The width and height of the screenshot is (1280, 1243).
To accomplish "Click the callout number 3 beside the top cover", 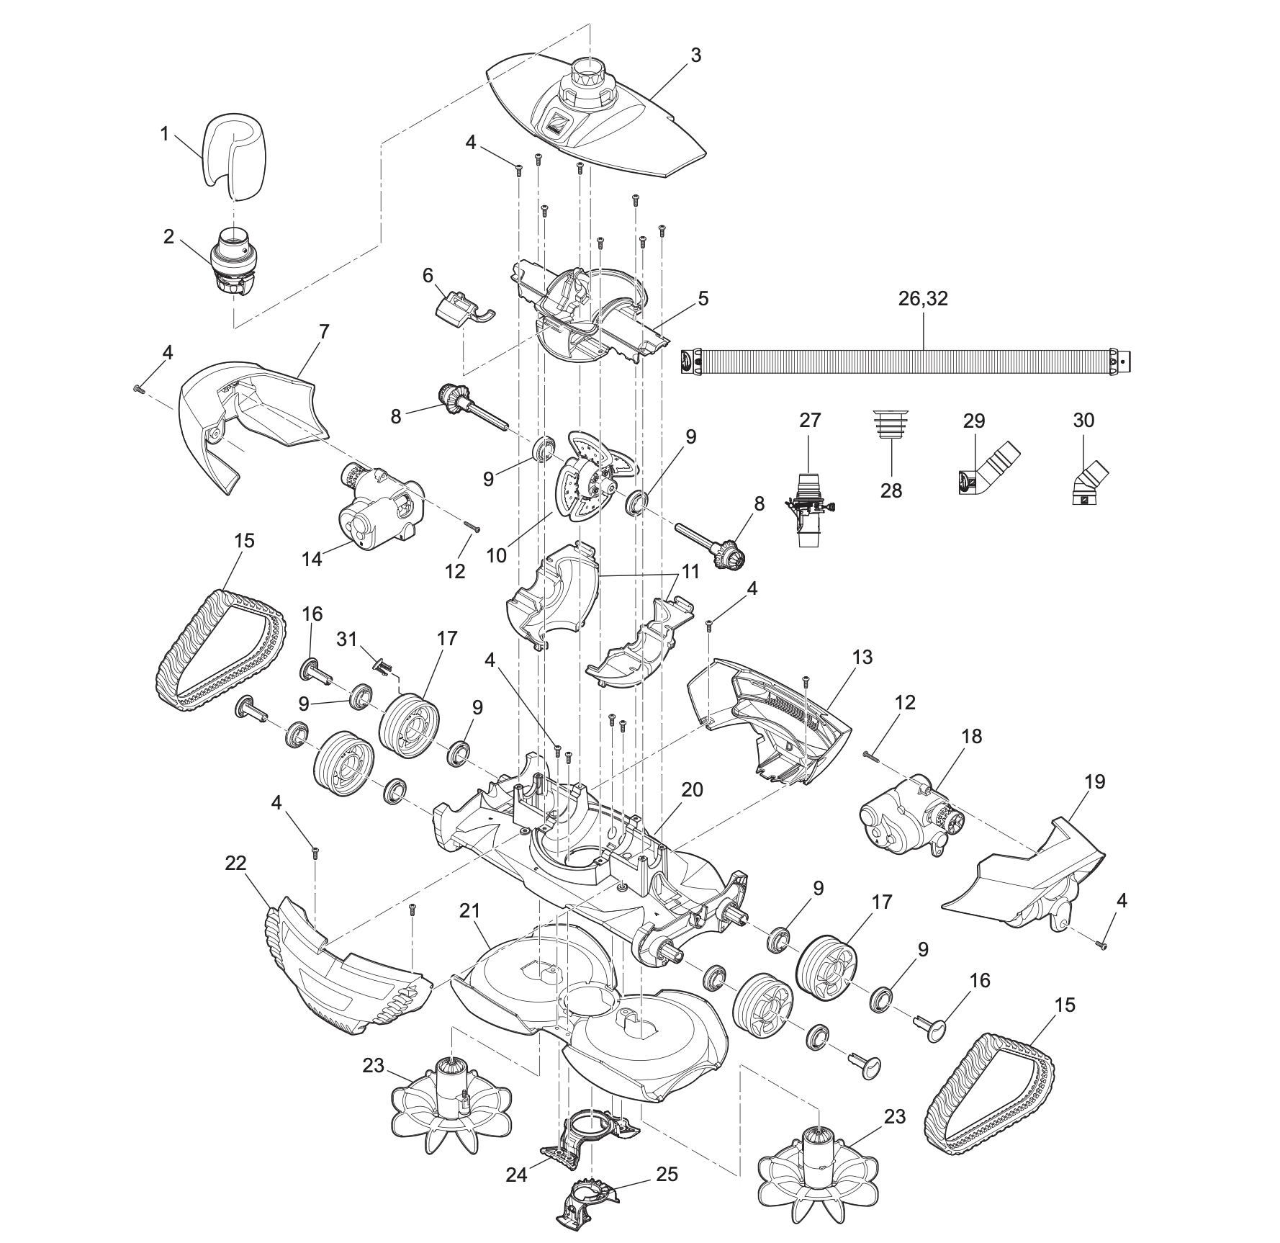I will click(695, 55).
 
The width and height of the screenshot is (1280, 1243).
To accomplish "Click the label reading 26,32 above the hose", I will click(923, 299).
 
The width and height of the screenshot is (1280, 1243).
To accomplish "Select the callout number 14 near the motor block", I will click(312, 558).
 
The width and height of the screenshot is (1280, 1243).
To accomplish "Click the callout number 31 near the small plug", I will click(347, 639).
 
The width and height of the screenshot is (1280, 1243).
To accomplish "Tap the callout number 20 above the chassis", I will click(692, 789).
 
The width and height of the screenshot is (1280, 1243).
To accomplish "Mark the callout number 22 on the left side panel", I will click(235, 863).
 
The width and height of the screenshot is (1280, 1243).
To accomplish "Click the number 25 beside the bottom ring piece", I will click(667, 1174).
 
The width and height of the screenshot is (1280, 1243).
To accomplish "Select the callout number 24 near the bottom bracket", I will click(516, 1175).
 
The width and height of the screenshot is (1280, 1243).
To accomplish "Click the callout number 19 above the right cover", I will click(1094, 781).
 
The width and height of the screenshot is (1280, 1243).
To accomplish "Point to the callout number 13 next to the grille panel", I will click(862, 657).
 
